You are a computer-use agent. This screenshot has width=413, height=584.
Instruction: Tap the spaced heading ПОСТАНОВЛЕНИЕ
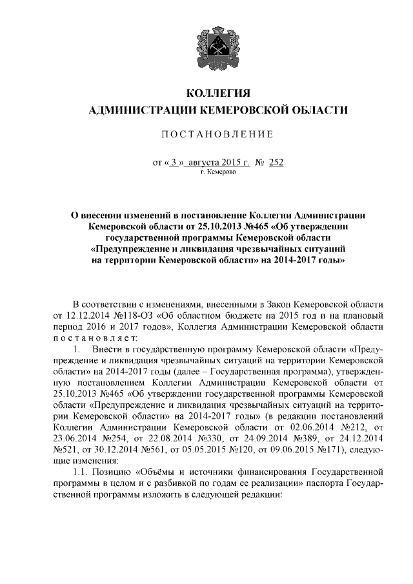coord(217,134)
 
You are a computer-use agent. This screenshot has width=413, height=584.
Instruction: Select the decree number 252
coord(276,163)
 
